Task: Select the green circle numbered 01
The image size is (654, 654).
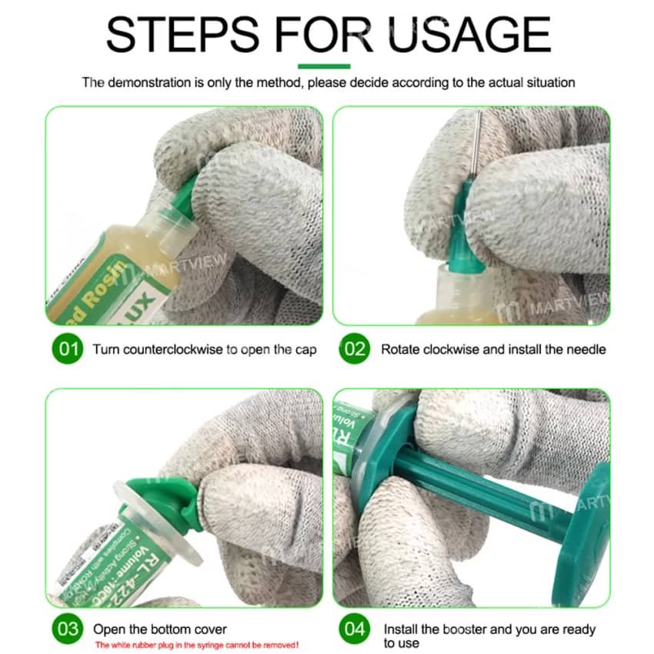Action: (68, 349)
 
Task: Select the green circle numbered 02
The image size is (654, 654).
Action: (355, 349)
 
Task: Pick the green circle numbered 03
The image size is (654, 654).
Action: (68, 629)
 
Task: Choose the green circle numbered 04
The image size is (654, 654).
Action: (355, 629)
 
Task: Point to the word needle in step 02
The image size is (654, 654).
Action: (586, 349)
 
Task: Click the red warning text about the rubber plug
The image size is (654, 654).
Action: (196, 645)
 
